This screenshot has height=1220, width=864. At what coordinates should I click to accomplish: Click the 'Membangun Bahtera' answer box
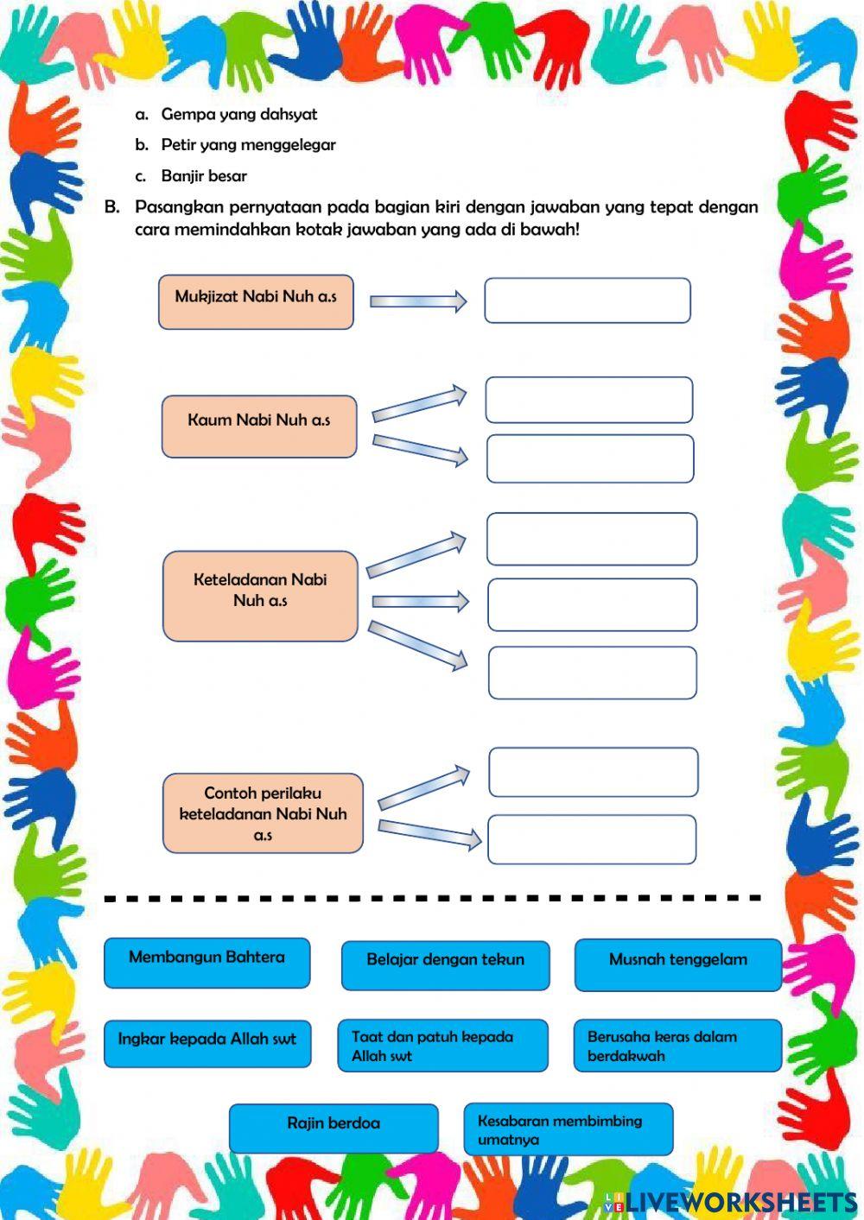tap(206, 962)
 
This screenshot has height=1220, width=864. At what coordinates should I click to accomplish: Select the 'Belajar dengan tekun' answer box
tap(445, 964)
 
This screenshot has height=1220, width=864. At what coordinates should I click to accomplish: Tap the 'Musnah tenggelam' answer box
tap(677, 964)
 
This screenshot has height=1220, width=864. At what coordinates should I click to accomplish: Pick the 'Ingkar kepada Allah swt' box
tap(207, 1044)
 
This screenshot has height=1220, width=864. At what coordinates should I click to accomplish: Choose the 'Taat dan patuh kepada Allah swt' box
tap(442, 1046)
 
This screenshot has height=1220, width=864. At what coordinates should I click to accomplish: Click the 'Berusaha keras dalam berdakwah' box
tap(677, 1046)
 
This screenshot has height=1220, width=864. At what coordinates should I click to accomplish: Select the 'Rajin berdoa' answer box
tap(334, 1128)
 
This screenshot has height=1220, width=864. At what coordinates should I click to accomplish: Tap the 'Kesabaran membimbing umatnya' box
tap(568, 1129)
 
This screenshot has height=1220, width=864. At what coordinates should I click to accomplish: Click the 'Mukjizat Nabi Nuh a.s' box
tap(256, 301)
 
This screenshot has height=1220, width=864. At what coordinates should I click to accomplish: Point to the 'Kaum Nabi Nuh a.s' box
tap(259, 426)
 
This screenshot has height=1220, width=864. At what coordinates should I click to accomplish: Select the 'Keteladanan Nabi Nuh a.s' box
tap(260, 596)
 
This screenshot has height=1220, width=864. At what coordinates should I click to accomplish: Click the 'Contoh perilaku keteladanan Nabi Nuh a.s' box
tap(263, 813)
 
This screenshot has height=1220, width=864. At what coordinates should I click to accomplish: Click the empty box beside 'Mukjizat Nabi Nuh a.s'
tap(588, 300)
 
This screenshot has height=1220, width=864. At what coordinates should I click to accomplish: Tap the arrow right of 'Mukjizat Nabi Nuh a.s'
tap(418, 301)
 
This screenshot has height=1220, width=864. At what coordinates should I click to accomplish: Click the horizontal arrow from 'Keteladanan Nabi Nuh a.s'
tap(420, 602)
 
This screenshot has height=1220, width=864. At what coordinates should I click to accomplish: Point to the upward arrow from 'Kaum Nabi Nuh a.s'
tap(419, 404)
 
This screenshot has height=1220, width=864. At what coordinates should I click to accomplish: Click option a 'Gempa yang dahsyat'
tap(238, 114)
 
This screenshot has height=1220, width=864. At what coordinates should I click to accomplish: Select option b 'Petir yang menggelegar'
tap(248, 145)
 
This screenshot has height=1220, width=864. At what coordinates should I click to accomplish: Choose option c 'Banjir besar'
tap(204, 176)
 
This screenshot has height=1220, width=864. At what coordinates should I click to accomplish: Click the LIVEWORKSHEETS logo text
tap(740, 1202)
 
